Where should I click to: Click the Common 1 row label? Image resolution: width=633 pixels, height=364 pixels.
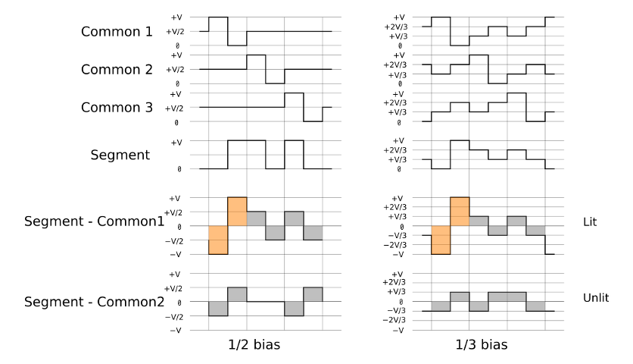pyautogui.click(x=117, y=32)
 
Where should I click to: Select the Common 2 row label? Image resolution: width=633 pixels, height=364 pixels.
pyautogui.click(x=117, y=70)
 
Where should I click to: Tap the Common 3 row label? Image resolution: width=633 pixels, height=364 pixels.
pyautogui.click(x=117, y=108)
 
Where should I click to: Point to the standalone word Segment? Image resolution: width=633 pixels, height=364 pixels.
pyautogui.click(x=120, y=155)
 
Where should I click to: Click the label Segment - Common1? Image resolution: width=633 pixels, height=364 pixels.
pyautogui.click(x=94, y=222)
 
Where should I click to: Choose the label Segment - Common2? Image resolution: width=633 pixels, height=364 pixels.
pyautogui.click(x=94, y=301)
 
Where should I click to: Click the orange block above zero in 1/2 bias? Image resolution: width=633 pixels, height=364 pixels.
pyautogui.click(x=237, y=212)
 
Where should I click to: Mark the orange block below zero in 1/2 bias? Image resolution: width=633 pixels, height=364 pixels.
pyautogui.click(x=218, y=240)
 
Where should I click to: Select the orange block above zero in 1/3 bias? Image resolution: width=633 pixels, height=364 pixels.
pyautogui.click(x=460, y=212)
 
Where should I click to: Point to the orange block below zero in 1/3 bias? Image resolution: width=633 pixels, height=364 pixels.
pyautogui.click(x=441, y=240)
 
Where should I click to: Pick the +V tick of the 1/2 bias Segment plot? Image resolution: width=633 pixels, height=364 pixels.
pyautogui.click(x=176, y=143)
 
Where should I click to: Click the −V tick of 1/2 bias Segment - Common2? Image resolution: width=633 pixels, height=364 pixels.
pyautogui.click(x=175, y=331)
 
